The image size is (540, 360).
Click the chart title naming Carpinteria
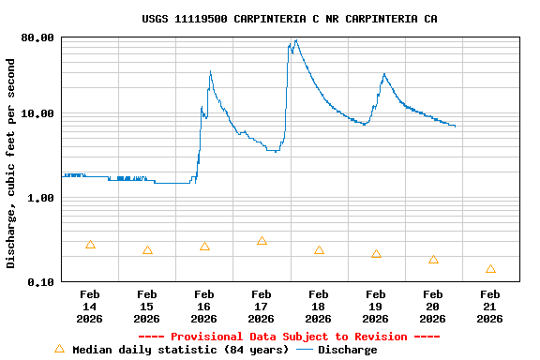pos(290,19)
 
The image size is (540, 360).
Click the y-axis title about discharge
pos(11,164)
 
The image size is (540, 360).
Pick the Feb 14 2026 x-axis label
pos(89,307)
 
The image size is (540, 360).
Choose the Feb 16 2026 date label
pos(204,307)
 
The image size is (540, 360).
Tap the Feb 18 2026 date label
pos(319,307)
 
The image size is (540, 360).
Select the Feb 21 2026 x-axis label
pos(490,307)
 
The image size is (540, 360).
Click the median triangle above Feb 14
pos(90,245)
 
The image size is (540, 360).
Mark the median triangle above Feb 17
pos(262,241)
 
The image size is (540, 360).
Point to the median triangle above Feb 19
pos(376,254)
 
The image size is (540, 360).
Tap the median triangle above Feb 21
pos(490,269)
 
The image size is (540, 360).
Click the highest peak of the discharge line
pos(296,40)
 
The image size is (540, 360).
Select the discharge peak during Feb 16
pos(210,71)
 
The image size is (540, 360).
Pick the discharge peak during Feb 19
pos(383,73)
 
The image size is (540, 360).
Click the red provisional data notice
pos(290,337)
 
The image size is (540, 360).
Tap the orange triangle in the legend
pos(60,349)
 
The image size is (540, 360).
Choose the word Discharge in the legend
pos(348,350)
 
